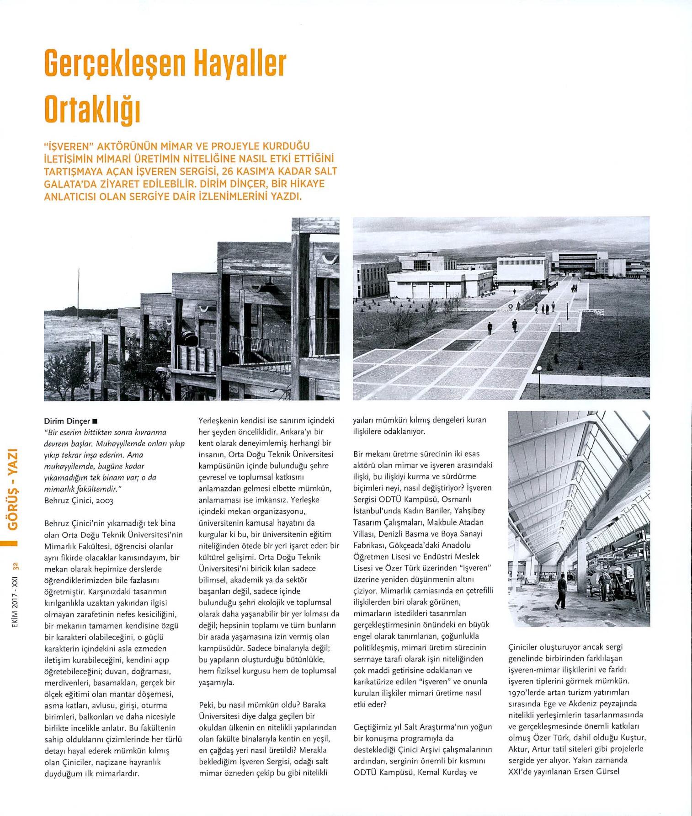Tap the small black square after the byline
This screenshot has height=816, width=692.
click(95, 421)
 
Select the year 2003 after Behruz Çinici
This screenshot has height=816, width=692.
click(104, 501)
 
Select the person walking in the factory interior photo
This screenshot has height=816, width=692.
click(561, 591)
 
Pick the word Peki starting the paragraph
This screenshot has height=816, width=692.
click(207, 705)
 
